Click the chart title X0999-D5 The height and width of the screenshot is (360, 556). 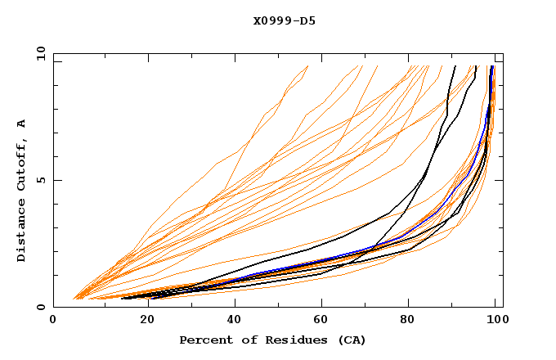point(284,20)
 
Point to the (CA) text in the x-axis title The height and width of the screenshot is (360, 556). point(349,340)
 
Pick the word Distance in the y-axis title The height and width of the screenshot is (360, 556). point(22,232)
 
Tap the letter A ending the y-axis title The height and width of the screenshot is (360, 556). point(22,124)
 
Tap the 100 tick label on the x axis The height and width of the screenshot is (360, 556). point(495,321)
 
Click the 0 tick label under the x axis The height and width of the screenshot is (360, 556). point(53,321)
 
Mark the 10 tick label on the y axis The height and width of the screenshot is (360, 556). point(40,52)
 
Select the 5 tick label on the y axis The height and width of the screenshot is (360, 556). point(43,180)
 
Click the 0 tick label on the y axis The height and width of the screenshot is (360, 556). point(43,307)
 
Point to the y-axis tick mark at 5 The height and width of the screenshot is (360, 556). point(56,180)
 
